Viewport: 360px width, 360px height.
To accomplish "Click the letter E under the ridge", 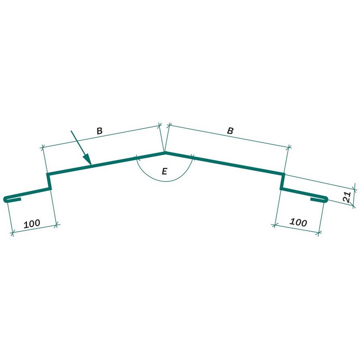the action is coord(164,171).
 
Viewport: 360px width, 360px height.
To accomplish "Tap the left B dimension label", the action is coord(99,131).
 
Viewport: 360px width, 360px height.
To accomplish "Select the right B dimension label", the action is coord(230,130).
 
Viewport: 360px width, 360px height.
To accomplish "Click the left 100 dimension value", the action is coord(32,223).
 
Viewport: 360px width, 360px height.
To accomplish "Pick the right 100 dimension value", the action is coord(298,222).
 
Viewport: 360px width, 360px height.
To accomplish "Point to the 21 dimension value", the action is coord(346,197).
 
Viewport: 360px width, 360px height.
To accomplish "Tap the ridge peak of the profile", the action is coord(165,153).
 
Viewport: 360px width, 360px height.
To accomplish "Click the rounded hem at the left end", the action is coord(6,199).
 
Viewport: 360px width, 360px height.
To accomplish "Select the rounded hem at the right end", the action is coord(325,199).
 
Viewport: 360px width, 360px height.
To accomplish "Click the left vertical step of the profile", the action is coord(49,182).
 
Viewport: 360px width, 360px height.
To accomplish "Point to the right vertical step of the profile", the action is coord(283,182).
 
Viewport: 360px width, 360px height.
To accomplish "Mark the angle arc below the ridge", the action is coord(164,181).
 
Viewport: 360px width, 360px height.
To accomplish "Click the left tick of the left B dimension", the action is coord(42,148).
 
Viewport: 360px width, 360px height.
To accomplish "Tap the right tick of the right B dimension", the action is coord(289,147).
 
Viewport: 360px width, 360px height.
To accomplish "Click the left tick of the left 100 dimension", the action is coord(13,234).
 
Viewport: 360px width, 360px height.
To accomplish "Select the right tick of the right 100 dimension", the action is coord(318,234).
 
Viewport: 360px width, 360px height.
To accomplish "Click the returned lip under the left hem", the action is coord(14,199).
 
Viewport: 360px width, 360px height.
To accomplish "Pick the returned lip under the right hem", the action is coord(317,199).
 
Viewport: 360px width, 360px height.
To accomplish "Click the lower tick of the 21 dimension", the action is coord(354,206).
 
